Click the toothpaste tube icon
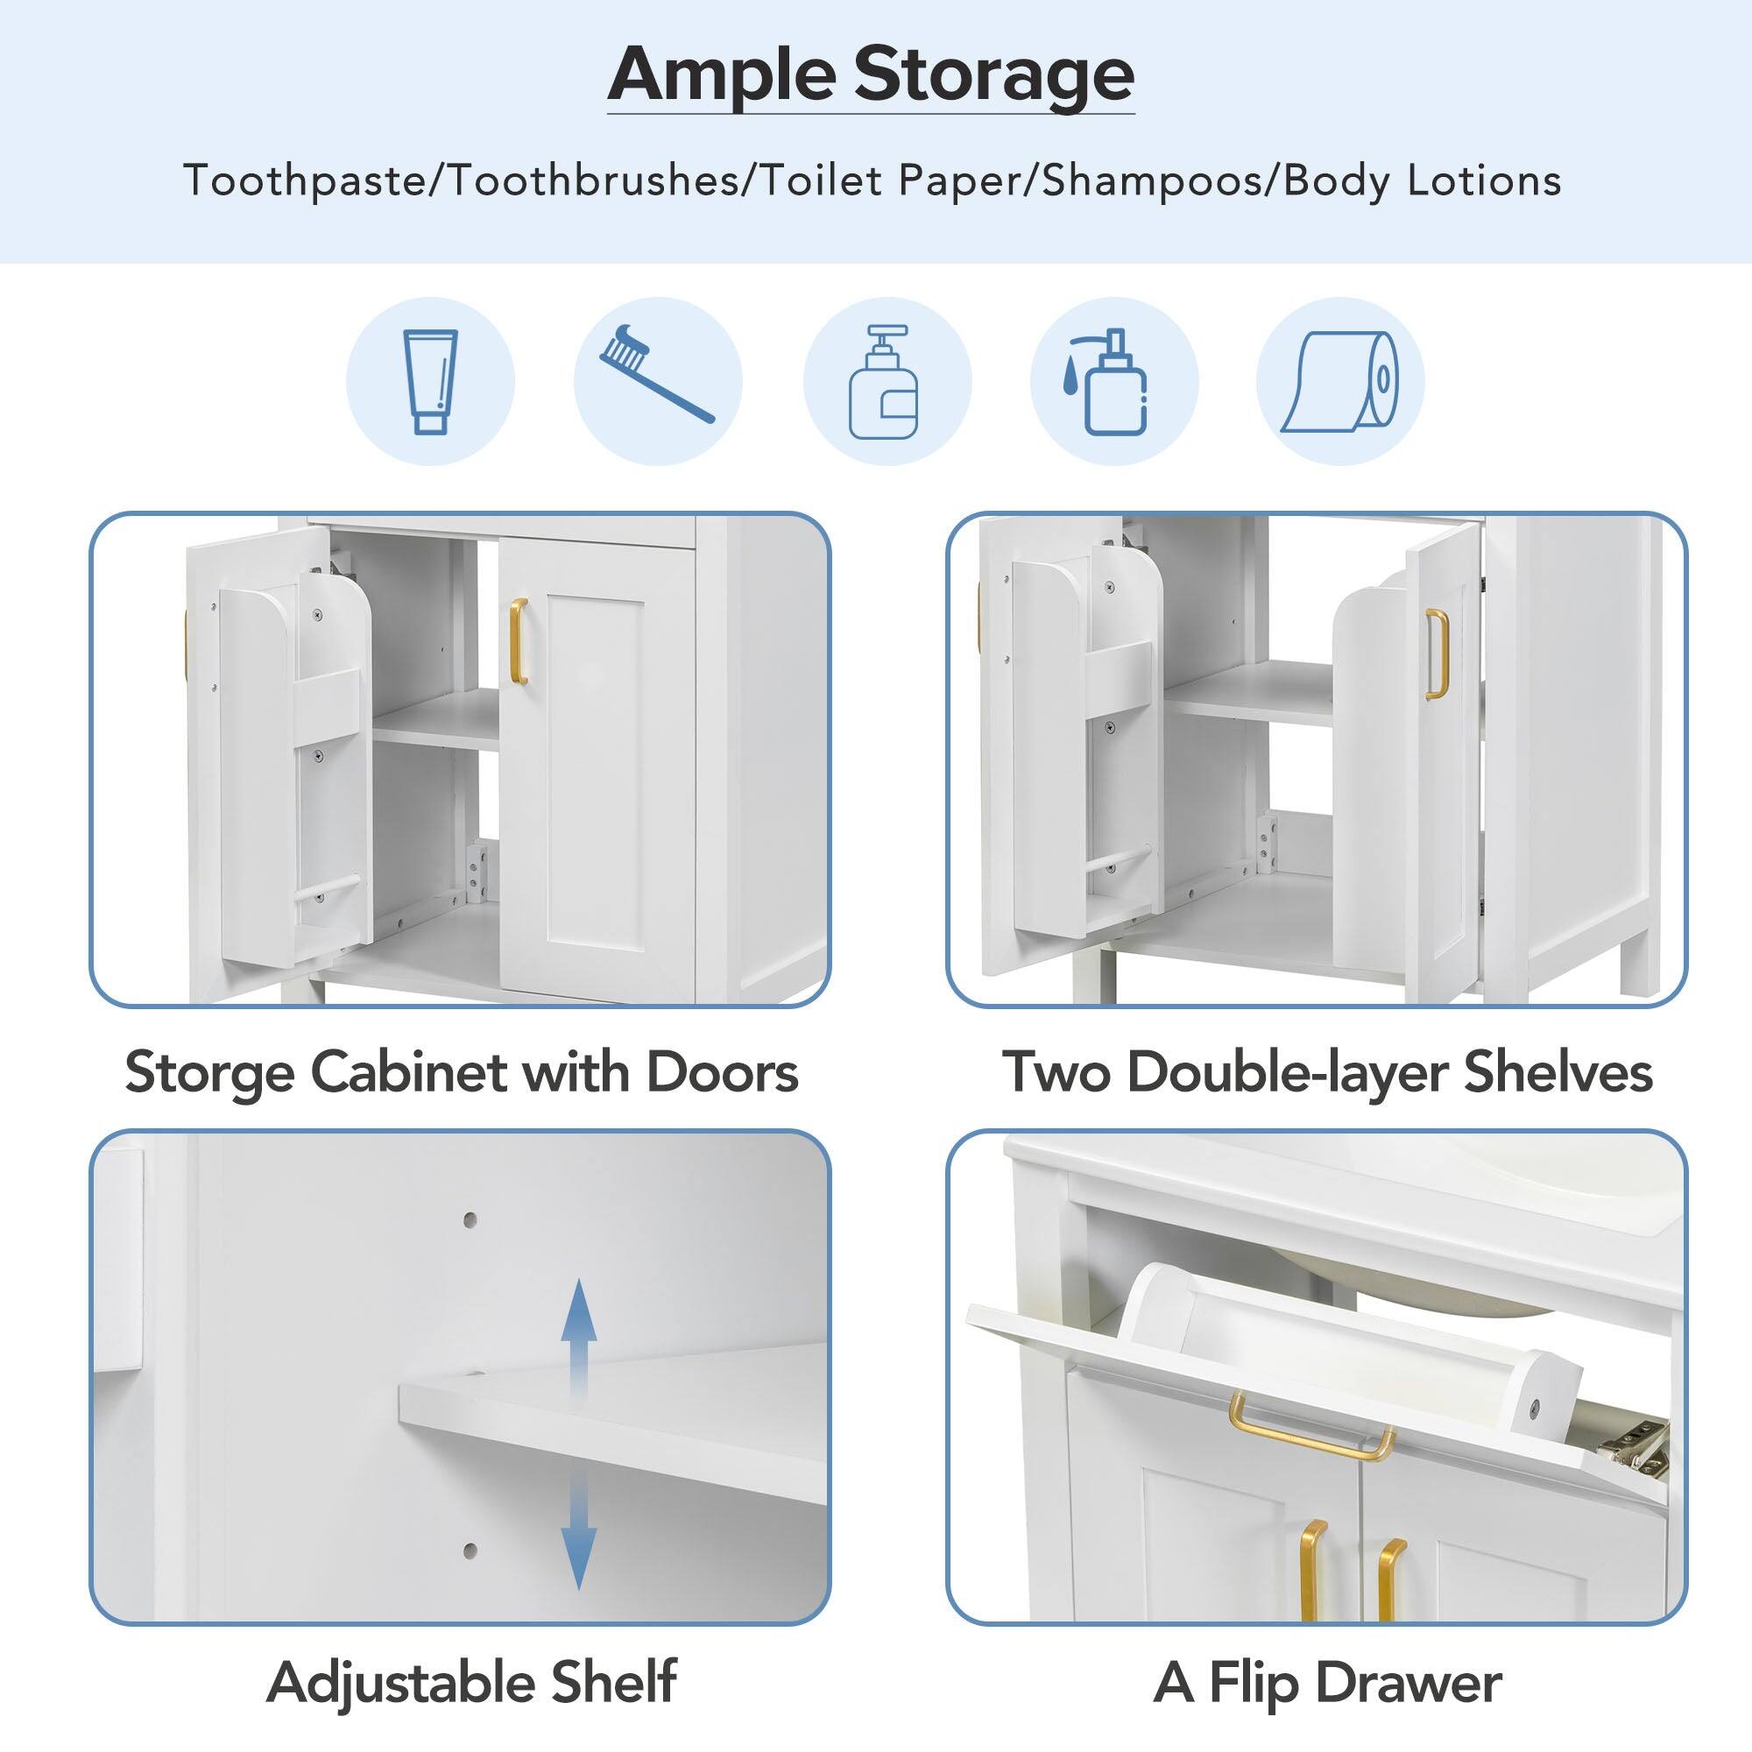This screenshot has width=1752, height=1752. click(x=430, y=381)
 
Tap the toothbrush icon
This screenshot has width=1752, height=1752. click(x=656, y=374)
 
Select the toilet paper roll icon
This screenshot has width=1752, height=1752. click(x=1340, y=381)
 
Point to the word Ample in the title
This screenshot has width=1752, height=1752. click(x=719, y=75)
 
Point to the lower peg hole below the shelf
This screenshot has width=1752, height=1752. click(x=470, y=1551)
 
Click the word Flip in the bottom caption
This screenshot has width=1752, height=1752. click(x=1255, y=1684)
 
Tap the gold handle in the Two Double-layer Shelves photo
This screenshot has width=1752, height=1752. click(x=1437, y=653)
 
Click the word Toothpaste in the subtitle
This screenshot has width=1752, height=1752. click(x=304, y=180)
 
